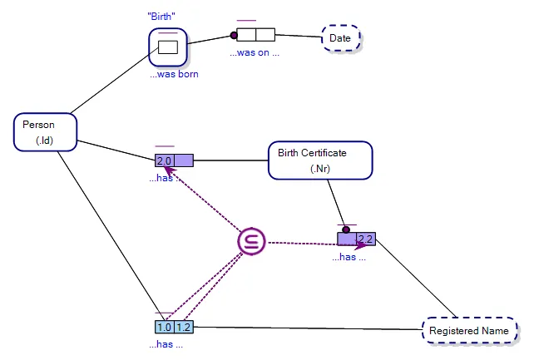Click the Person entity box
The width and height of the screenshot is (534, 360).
click(46, 132)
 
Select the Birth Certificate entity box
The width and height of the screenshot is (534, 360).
click(319, 160)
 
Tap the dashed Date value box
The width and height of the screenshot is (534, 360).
click(341, 38)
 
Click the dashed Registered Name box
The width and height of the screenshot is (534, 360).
click(468, 330)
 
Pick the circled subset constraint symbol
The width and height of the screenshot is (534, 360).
click(250, 241)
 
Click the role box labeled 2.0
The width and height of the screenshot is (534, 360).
click(164, 160)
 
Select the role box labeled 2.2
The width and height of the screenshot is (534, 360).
click(365, 239)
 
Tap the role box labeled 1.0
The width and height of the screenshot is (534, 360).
click(164, 327)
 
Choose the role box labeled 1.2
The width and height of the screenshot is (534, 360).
click(183, 327)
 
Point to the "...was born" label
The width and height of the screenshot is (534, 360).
click(174, 74)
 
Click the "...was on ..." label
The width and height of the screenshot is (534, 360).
click(254, 52)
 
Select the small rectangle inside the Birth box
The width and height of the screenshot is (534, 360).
click(168, 47)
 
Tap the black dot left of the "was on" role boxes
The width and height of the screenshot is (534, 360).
click(234, 35)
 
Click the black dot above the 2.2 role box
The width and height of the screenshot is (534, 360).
click(345, 229)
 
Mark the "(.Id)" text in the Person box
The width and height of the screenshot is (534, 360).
click(45, 141)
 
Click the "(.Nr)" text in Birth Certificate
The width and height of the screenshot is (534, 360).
click(320, 169)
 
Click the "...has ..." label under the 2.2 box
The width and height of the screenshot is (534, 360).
click(349, 257)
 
